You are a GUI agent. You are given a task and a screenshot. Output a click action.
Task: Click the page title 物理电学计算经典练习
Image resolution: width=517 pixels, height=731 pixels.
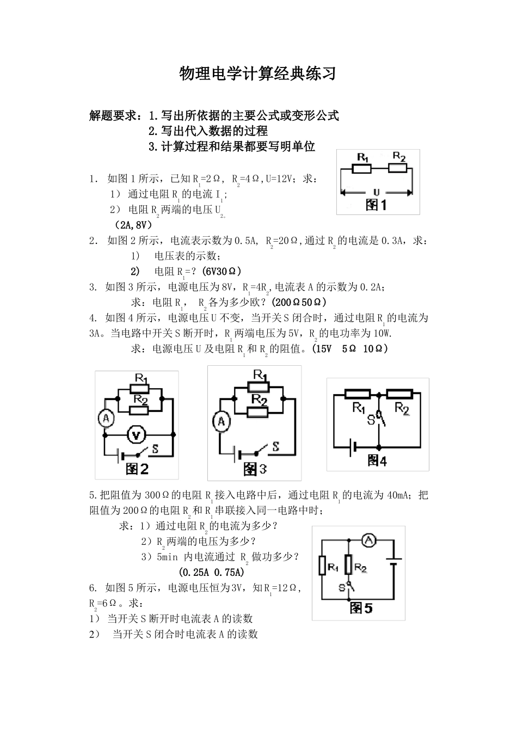coord(258,74)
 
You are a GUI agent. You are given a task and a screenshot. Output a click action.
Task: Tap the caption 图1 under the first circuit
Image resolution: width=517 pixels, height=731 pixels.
coord(376,205)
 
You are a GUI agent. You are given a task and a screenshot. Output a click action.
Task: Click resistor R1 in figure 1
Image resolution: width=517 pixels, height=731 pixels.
coord(362,169)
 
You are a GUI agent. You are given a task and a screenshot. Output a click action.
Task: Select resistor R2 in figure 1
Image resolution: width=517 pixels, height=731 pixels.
coord(398,168)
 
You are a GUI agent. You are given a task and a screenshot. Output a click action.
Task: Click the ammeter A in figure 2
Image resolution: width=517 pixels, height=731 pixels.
coord(105,418)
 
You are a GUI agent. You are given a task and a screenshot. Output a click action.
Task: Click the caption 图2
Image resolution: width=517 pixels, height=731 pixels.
coord(137,469)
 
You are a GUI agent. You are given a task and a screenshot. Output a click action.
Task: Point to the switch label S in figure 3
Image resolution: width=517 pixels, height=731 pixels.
coord(275,447)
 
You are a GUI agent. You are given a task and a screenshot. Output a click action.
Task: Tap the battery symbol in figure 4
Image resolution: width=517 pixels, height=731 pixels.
coord(354,447)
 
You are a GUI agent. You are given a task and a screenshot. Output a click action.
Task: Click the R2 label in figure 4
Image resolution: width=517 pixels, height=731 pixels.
coord(402,408)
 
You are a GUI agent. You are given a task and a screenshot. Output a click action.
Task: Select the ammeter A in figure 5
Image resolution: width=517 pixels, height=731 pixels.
coord(369,540)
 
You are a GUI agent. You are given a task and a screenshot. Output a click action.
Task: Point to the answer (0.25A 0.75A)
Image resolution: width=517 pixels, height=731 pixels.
coord(211,572)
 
